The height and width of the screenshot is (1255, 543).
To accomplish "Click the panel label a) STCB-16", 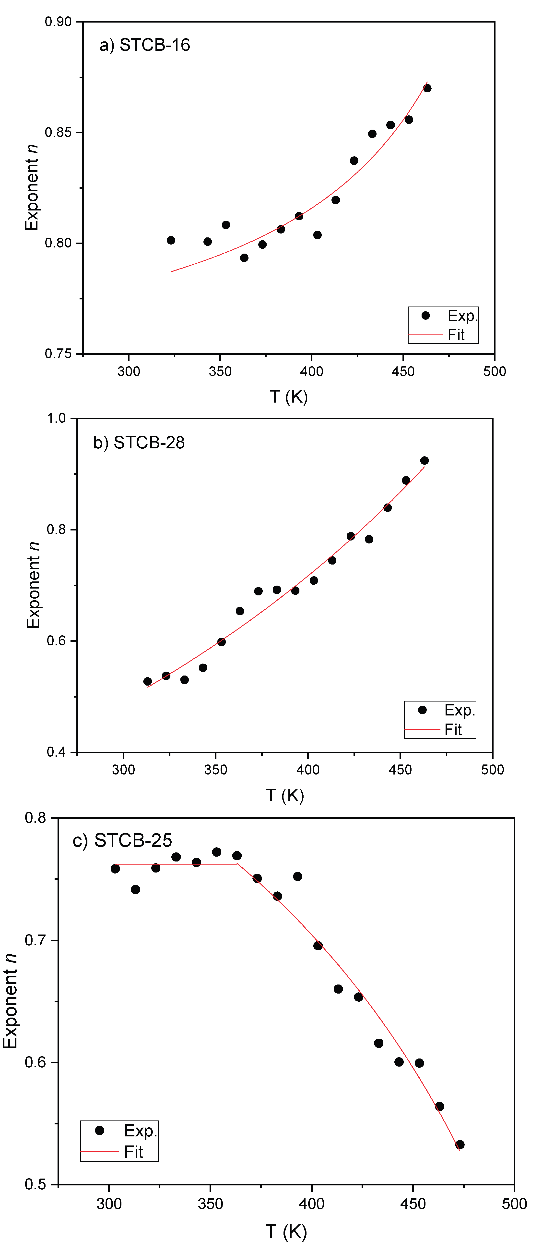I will [145, 45].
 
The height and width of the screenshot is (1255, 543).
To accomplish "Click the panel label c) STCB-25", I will [122, 840].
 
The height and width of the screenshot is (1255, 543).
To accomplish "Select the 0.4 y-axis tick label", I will [56, 752].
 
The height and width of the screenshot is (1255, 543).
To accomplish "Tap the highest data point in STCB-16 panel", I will [427, 88].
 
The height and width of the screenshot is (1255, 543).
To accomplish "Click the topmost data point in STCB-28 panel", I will [425, 460].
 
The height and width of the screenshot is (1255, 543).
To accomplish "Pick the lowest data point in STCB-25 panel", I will [460, 1144].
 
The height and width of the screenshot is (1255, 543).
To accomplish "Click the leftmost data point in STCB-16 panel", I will [171, 240].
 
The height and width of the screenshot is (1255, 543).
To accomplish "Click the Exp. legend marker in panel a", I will [426, 316].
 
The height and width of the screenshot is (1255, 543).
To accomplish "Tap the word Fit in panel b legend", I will [453, 729].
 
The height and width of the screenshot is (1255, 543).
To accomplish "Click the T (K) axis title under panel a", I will [289, 397].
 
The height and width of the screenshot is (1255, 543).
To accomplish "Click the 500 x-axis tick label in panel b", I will [492, 770].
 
